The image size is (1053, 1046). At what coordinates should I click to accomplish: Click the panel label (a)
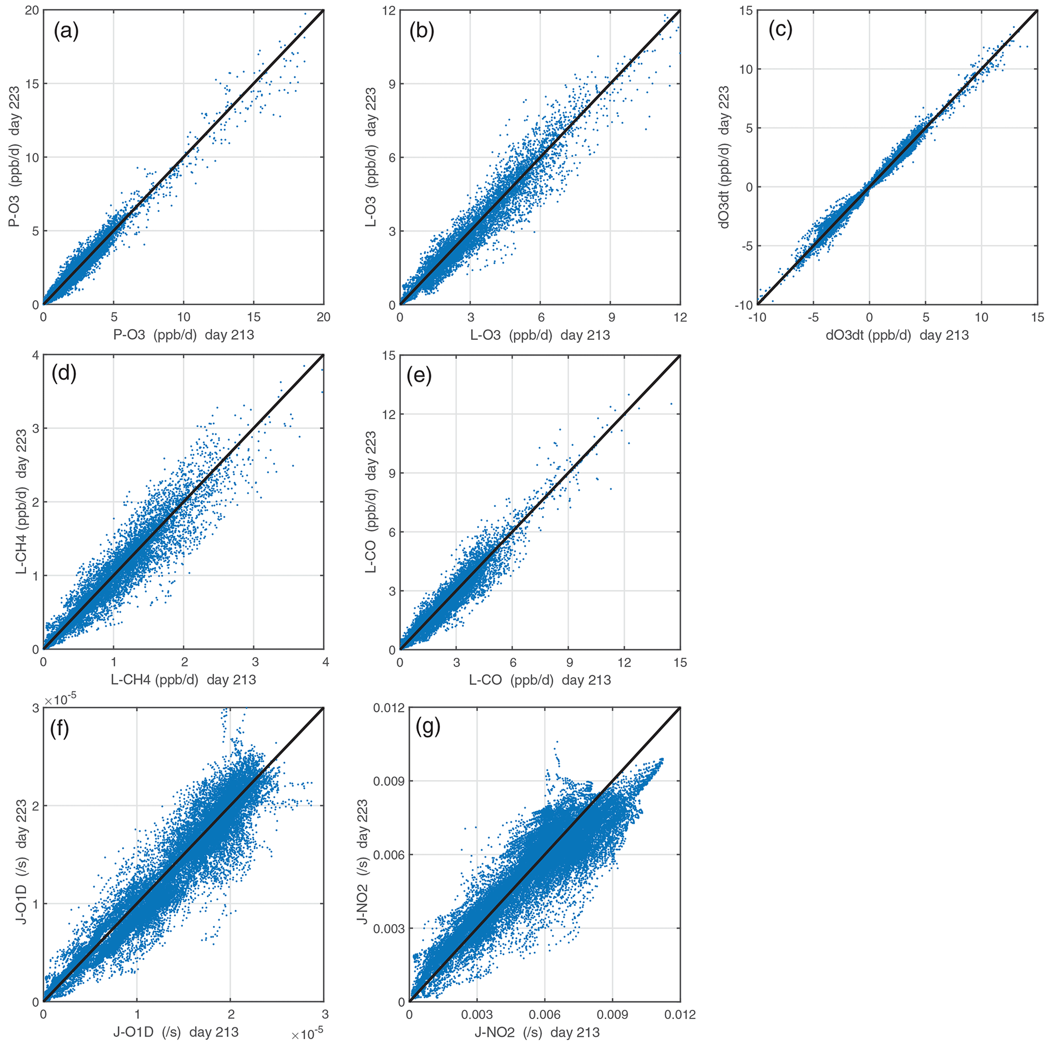66,32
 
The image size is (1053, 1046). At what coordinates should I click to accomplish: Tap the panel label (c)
780,30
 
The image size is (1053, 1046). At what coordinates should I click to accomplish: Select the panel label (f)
60,729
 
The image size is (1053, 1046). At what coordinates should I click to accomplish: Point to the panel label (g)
427,727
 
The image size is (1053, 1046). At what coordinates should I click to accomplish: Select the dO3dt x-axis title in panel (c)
897,335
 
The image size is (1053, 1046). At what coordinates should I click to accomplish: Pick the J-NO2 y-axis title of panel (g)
362,854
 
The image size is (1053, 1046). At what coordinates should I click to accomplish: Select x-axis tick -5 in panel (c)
813,317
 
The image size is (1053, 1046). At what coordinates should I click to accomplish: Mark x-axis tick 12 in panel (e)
624,663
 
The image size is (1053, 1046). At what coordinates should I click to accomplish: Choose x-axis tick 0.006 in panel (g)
545,1014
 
